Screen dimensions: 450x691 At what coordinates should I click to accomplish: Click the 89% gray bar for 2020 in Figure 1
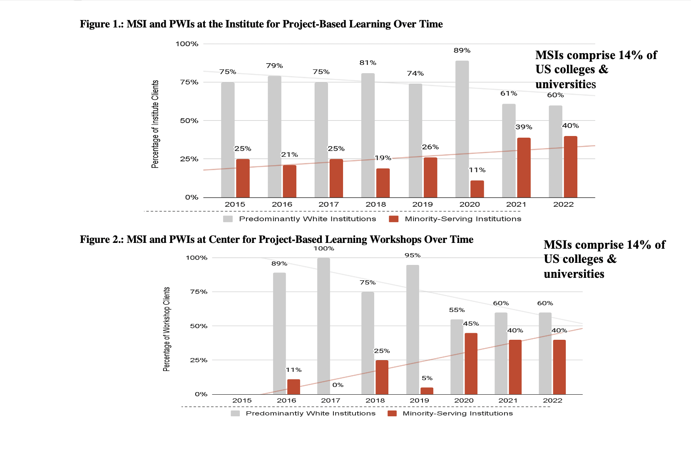pyautogui.click(x=462, y=129)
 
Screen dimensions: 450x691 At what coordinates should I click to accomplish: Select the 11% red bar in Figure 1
pyautogui.click(x=477, y=189)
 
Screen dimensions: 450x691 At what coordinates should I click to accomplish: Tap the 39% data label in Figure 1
pyautogui.click(x=524, y=127)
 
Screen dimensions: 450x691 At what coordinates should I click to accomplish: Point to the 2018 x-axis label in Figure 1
pyautogui.click(x=375, y=204)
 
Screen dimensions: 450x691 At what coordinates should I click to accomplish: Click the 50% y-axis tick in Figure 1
pyautogui.click(x=189, y=121)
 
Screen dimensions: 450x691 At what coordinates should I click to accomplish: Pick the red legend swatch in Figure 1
pyautogui.click(x=393, y=219)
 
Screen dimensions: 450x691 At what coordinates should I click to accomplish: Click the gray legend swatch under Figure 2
pyautogui.click(x=235, y=413)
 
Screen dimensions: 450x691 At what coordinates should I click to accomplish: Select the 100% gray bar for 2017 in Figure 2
pyautogui.click(x=323, y=326)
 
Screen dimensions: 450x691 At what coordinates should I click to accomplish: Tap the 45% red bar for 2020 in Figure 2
pyautogui.click(x=471, y=363)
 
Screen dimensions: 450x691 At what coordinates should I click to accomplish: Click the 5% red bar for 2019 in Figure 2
pyautogui.click(x=427, y=391)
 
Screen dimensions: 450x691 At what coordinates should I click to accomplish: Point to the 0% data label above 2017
pyautogui.click(x=338, y=385)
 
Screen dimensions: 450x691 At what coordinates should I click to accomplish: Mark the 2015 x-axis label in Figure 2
pyautogui.click(x=242, y=401)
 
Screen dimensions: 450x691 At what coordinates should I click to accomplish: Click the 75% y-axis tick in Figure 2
pyautogui.click(x=199, y=292)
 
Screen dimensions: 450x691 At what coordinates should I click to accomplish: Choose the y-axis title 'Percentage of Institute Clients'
pyautogui.click(x=155, y=124)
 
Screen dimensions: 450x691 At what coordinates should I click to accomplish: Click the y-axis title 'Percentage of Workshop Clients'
pyautogui.click(x=167, y=329)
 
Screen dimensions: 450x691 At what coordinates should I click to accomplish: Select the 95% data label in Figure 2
pyautogui.click(x=413, y=255)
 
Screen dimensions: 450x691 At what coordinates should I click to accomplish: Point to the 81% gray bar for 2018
pyautogui.click(x=368, y=135)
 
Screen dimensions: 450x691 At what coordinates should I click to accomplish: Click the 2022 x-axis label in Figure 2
pyautogui.click(x=552, y=401)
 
